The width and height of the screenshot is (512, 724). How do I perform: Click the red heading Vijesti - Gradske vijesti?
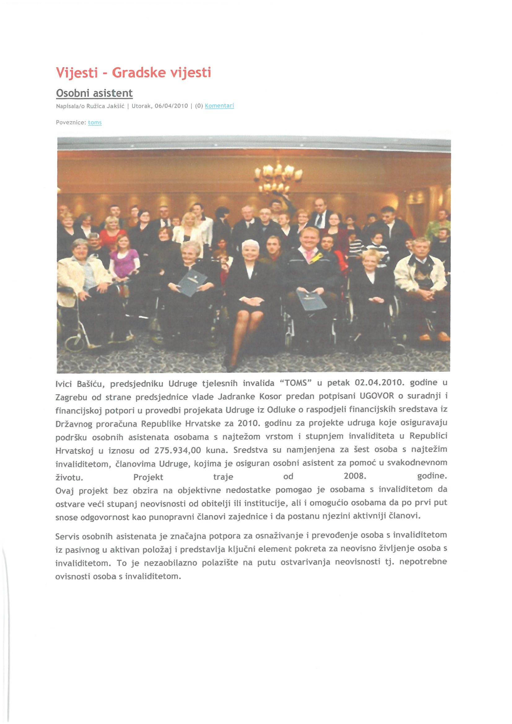(133, 72)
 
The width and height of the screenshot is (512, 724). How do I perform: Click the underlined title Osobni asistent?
(94, 93)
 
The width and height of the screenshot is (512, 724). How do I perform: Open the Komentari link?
(219, 106)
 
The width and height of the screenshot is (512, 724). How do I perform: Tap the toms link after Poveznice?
(95, 122)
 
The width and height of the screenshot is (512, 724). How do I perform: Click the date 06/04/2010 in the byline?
(171, 106)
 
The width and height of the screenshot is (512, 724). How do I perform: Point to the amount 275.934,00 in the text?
(177, 450)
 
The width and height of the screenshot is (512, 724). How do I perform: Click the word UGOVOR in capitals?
(377, 396)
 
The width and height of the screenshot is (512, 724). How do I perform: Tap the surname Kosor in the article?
(270, 396)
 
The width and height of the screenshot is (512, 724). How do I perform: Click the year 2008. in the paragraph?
(355, 476)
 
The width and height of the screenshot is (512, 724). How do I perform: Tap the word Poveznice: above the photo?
(71, 122)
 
